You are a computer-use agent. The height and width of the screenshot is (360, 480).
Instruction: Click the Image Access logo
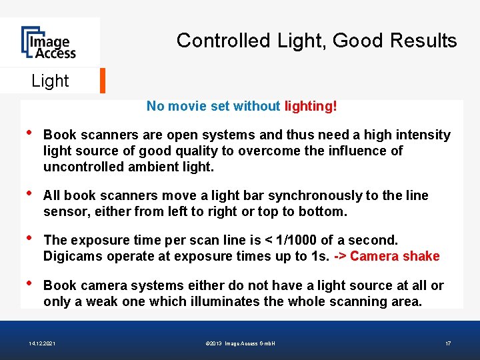coord(48,43)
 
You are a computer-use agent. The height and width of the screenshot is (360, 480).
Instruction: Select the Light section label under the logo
coord(50,81)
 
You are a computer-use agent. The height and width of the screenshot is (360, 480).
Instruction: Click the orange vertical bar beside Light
coord(103,81)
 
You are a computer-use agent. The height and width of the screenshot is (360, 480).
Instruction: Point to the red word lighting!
coord(311,106)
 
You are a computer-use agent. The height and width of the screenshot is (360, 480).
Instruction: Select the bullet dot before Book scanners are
coord(26,133)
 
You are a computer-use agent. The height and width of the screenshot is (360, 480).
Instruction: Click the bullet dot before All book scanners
coord(26,193)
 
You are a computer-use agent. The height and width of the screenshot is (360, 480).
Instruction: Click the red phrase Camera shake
coord(395,256)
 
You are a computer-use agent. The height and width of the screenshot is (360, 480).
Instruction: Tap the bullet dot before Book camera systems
coord(26,283)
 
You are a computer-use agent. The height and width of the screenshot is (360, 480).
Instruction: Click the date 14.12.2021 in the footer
coord(42,343)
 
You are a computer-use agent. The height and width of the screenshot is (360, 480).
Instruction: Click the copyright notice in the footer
coord(241,343)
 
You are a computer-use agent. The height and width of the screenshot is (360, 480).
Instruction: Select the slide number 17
coord(448,343)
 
